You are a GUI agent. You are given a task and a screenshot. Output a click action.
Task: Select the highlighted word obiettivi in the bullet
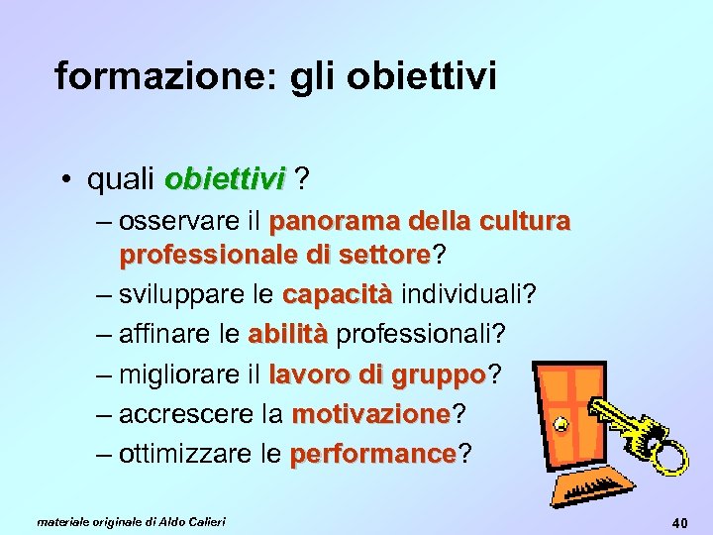[225, 179]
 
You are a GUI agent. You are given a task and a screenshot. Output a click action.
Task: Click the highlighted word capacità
[338, 295]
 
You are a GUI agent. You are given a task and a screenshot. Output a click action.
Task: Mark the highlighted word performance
[372, 455]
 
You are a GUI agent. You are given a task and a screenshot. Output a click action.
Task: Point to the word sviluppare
[184, 295]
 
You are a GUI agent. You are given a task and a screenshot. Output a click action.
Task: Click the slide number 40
[679, 522]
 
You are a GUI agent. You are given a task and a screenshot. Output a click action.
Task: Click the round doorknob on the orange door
[560, 426]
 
